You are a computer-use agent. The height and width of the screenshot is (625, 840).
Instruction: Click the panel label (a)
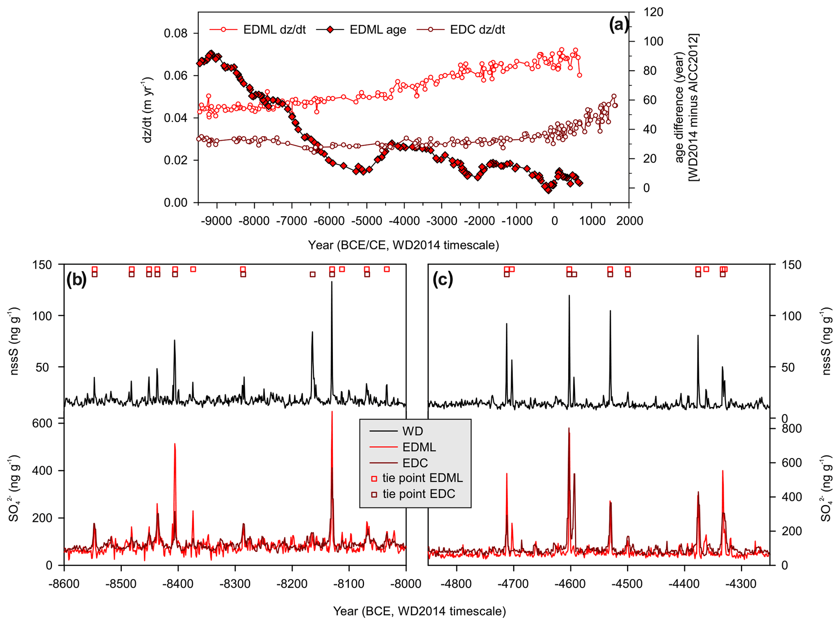(x=618, y=25)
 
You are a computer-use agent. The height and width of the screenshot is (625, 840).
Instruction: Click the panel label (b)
(x=77, y=280)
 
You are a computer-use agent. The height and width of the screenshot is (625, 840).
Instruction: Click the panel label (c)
(x=443, y=280)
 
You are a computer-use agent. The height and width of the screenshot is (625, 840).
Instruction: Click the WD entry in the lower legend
(x=412, y=431)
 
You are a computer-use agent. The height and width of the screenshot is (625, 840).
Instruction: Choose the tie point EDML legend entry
(x=422, y=478)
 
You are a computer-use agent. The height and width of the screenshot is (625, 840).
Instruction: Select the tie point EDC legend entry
(x=419, y=494)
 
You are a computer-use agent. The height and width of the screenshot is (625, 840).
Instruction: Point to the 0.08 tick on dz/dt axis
(x=176, y=33)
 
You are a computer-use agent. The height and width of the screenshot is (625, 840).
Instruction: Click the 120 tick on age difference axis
(x=653, y=12)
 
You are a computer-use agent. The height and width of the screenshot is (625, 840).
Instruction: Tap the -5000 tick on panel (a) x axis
(x=367, y=221)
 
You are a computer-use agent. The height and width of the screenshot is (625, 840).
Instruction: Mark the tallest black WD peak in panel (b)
(x=332, y=282)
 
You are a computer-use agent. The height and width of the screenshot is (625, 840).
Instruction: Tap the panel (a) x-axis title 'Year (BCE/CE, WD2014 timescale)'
(x=403, y=245)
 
